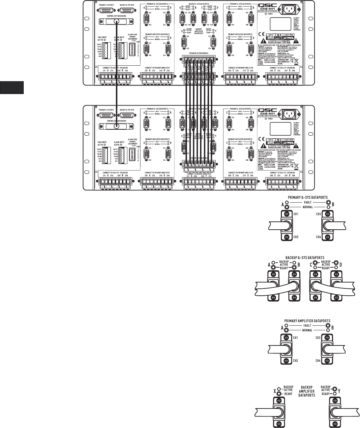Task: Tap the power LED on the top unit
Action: [266, 14]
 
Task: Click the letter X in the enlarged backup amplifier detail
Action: [274, 390]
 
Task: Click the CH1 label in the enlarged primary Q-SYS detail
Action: [295, 214]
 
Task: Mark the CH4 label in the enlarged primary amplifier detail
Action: [318, 361]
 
